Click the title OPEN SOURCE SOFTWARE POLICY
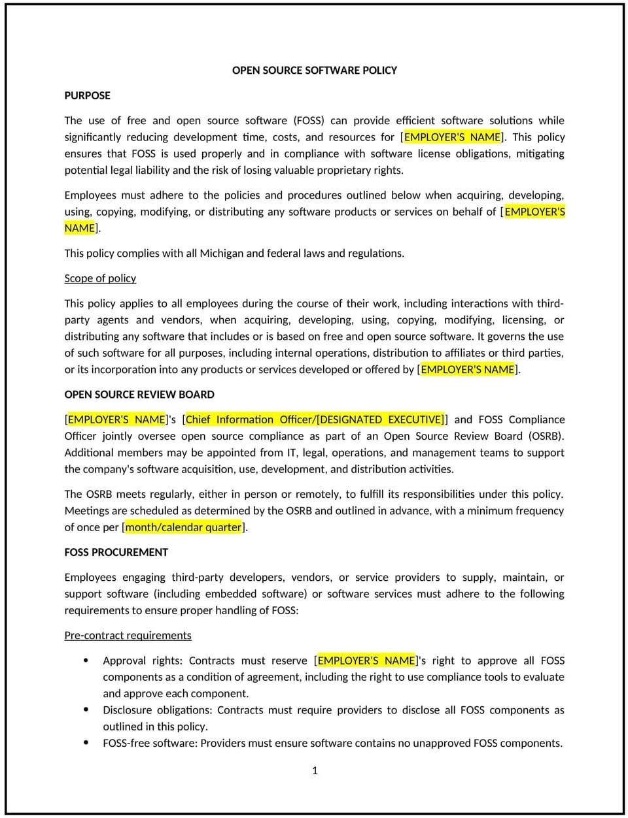[x=314, y=71]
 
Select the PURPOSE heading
[x=87, y=95]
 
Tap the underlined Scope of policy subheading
[x=100, y=278]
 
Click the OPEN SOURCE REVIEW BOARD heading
[x=139, y=395]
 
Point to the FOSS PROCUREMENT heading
[x=116, y=552]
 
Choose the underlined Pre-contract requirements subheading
[x=128, y=636]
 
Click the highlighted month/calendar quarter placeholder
[x=183, y=527]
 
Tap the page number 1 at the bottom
[x=315, y=771]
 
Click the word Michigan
[x=221, y=254]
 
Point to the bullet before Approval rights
[x=86, y=661]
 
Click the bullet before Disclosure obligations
[x=86, y=710]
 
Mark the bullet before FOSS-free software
[x=86, y=743]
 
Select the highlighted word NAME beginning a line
[x=80, y=228]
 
